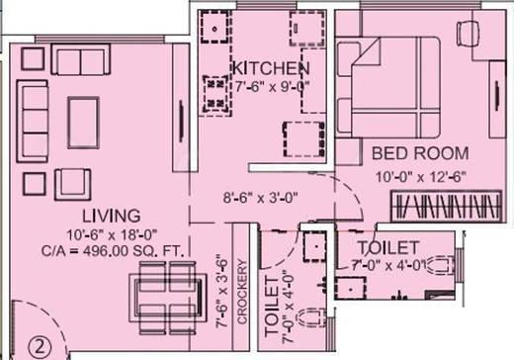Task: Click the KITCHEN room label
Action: (272, 68)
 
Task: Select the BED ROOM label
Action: (413, 153)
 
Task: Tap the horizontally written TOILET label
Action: (388, 246)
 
